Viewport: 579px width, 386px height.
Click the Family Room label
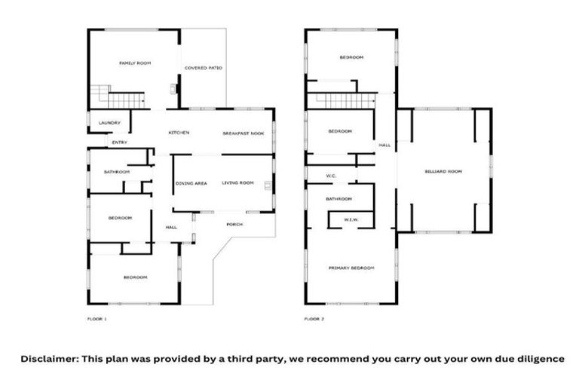pos(135,63)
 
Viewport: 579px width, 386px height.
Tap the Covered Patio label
pos(204,68)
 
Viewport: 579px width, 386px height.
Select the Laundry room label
pos(110,123)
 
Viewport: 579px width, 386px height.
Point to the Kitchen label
pos(178,133)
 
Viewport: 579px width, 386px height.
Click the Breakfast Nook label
pos(243,133)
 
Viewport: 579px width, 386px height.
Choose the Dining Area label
pos(191,183)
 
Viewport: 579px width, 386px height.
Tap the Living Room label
pos(237,183)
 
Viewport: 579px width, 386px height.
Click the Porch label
pos(234,224)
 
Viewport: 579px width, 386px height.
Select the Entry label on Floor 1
pos(119,142)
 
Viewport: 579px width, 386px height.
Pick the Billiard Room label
pos(443,172)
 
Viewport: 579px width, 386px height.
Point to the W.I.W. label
pos(351,220)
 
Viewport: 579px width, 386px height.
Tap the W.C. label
pos(330,177)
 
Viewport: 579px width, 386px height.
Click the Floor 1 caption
pos(97,320)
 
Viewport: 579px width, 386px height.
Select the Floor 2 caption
pos(314,320)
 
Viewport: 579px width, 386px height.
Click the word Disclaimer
pos(48,359)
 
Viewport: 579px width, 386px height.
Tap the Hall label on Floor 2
pos(384,146)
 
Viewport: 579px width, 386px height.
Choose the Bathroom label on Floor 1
pos(117,173)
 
